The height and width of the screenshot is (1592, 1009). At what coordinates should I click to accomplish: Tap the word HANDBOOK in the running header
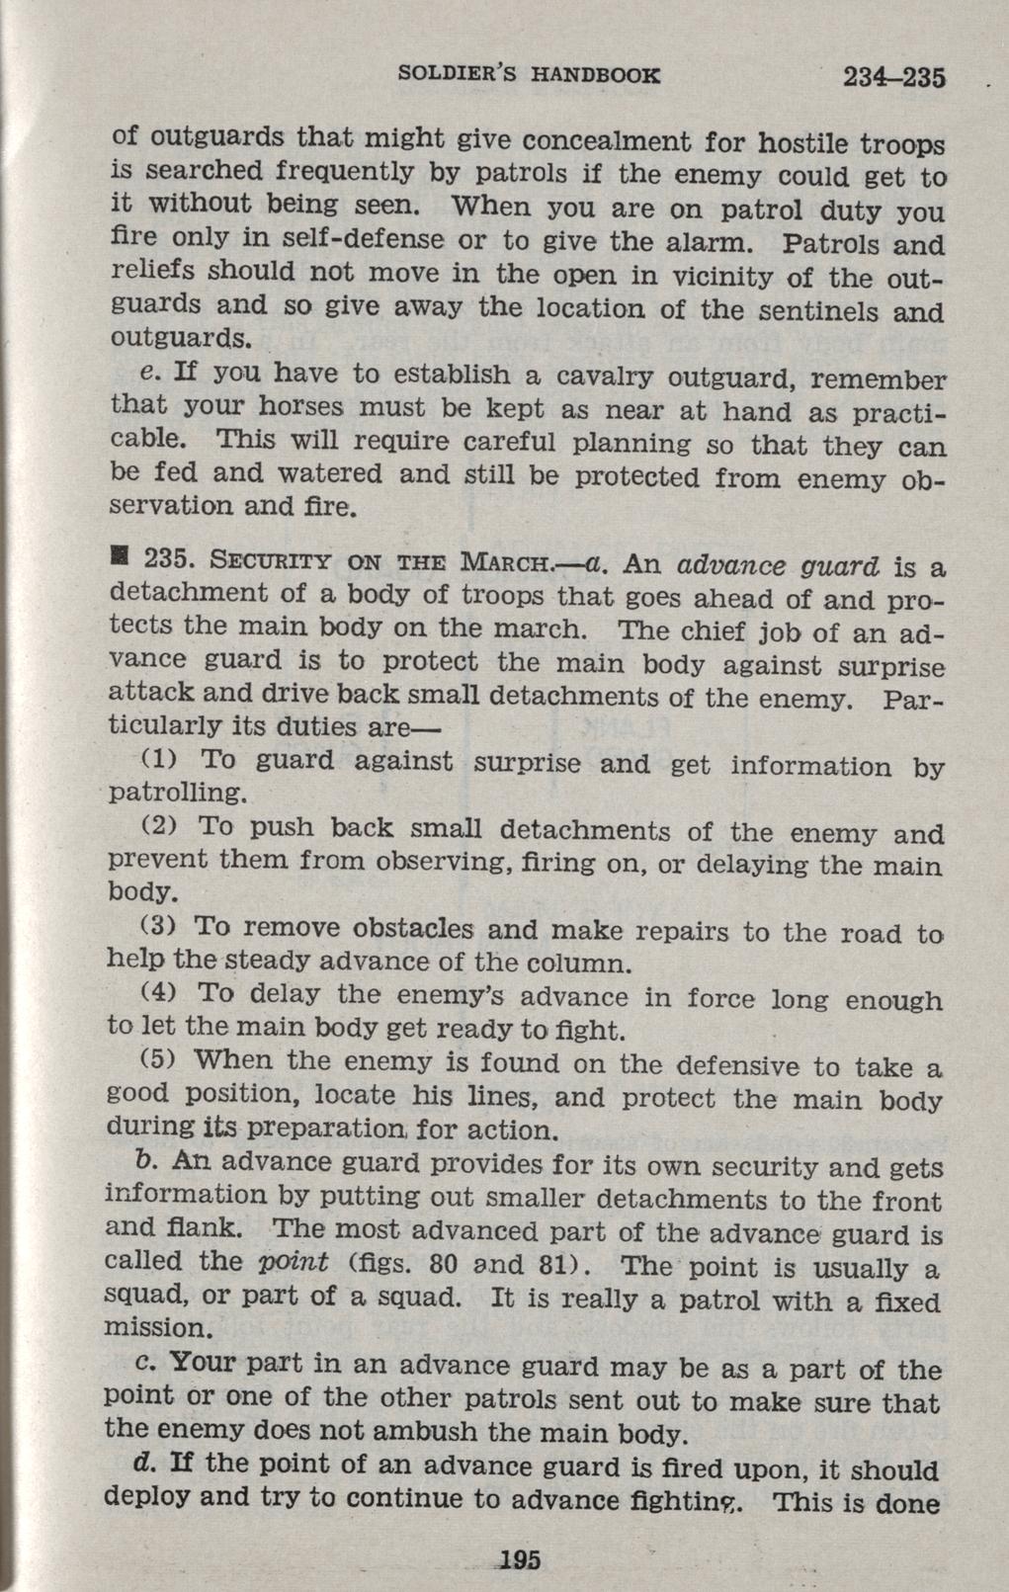coord(593,74)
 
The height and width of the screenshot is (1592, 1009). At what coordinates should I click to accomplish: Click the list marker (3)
coord(157,928)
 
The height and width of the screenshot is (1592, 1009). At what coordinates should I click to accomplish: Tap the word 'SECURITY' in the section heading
coord(256,559)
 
